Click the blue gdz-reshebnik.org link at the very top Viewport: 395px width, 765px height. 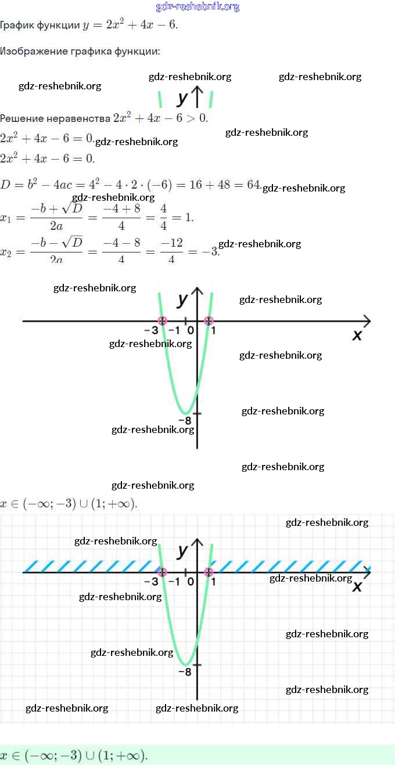pos(198,7)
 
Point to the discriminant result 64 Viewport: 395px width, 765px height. pos(253,185)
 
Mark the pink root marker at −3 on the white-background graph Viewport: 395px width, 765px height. pos(163,320)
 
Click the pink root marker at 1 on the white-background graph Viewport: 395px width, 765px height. pos(209,320)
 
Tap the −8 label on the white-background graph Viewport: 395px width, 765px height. pos(185,421)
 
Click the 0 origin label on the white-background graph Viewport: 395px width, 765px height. pos(191,331)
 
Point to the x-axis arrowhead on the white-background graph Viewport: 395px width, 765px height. pos(367,320)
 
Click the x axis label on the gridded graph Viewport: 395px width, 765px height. pos(357,587)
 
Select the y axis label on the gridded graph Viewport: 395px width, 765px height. pos(183,550)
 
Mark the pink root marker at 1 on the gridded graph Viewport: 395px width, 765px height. pos(209,572)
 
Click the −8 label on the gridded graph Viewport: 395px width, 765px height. pos(185,672)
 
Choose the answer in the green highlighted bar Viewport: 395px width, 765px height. pos(74,756)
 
